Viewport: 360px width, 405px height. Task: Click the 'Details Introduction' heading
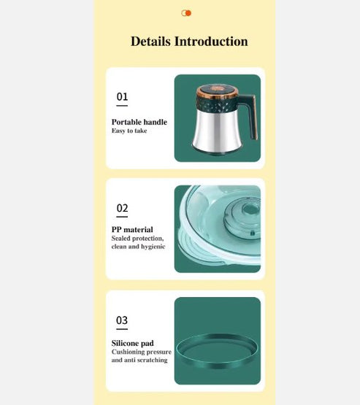pos(189,42)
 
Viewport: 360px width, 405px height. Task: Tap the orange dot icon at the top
pos(186,13)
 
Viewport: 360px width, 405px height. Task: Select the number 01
pos(122,96)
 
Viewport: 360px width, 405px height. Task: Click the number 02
pos(122,209)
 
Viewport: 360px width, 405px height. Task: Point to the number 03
pos(122,320)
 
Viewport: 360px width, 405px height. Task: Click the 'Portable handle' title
pos(139,122)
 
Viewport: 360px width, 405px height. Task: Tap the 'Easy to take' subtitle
pos(129,131)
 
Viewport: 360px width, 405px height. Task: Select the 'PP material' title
pos(132,230)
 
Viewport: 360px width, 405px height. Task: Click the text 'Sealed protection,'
pos(137,239)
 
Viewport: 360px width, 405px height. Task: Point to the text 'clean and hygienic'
pos(138,247)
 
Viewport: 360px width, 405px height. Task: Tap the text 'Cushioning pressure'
pos(141,352)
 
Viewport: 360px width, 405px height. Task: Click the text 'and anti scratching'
pos(139,360)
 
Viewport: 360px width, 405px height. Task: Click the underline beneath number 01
pos(122,105)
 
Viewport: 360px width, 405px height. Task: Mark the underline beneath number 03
pos(122,329)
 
